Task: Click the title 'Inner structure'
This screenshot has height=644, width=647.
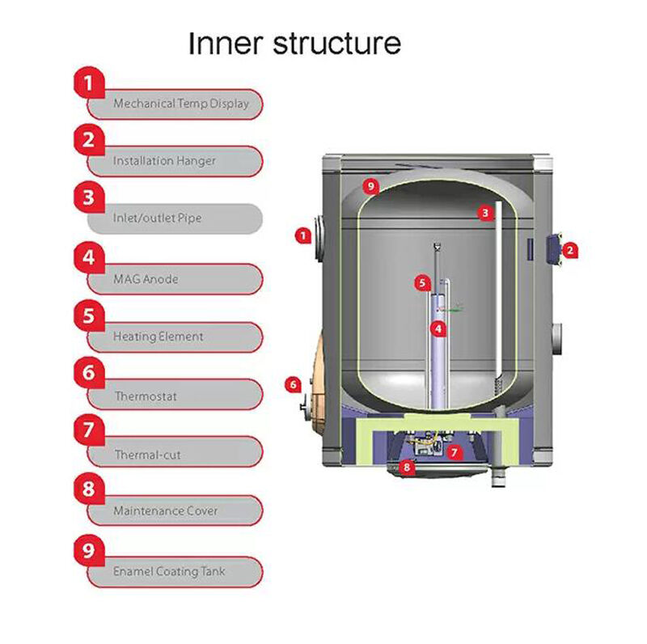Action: [x=294, y=43]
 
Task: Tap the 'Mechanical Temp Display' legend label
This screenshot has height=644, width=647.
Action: [x=181, y=104]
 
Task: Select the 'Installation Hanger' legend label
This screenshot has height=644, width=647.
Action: [x=164, y=161]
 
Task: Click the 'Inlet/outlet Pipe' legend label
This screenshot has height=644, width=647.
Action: [x=157, y=218]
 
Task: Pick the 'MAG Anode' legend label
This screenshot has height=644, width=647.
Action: [x=146, y=279]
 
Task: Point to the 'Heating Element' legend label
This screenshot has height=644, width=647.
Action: [x=158, y=337]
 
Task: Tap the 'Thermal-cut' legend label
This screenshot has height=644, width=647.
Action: [x=147, y=455]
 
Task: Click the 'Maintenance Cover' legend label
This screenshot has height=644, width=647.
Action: [x=165, y=511]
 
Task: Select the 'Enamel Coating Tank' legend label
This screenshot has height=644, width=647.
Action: [x=169, y=571]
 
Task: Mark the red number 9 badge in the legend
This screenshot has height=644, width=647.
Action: [x=90, y=549]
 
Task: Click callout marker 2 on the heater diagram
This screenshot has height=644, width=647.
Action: [x=569, y=251]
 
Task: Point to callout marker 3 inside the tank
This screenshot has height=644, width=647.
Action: [x=484, y=213]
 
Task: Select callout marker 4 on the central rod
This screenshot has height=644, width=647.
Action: [x=438, y=328]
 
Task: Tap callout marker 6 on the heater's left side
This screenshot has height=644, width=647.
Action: [x=294, y=384]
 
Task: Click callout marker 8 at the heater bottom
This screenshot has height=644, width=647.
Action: [x=407, y=467]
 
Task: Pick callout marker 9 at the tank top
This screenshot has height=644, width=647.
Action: [x=370, y=187]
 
